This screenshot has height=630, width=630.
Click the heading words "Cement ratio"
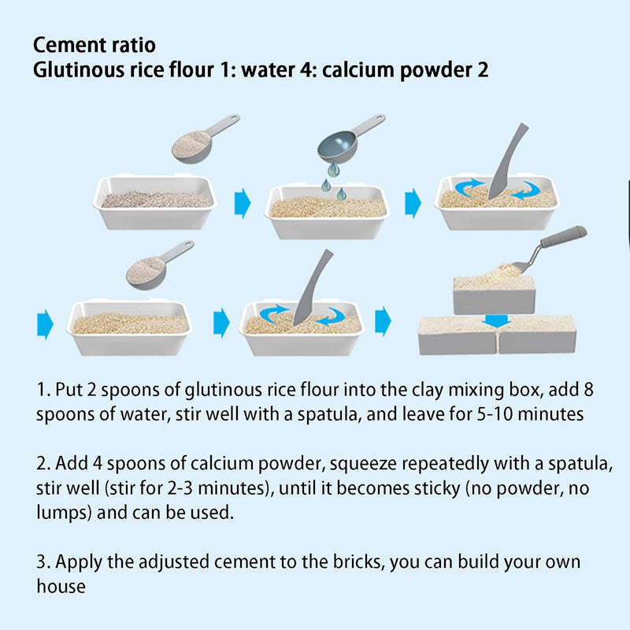94,45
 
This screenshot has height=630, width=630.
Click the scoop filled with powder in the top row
204,139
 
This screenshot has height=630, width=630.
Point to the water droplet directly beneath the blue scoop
333,169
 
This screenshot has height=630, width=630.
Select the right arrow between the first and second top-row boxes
243,202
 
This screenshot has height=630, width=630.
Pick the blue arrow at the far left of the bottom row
45,324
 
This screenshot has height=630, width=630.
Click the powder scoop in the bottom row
159,265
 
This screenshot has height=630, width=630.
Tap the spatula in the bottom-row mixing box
313,287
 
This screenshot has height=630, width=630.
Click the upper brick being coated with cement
494,295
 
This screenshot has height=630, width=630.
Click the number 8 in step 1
588,390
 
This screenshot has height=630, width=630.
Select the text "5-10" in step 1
495,414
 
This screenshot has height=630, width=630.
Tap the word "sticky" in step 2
436,489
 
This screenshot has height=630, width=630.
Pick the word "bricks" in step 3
357,562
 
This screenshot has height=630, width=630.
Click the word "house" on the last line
61,587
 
